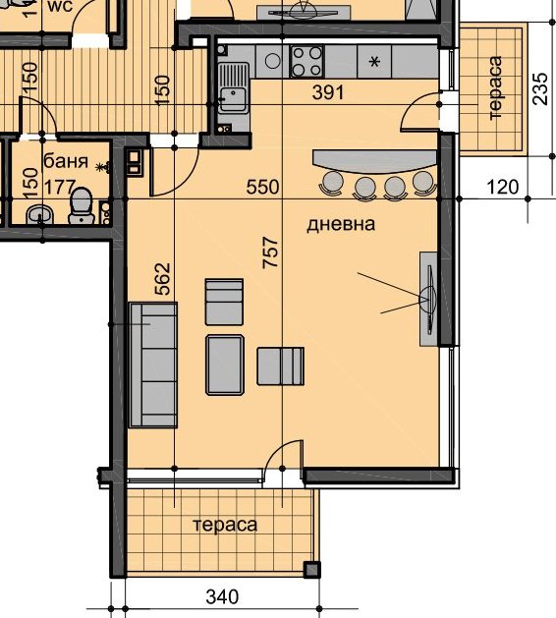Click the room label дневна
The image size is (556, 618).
click(x=341, y=224)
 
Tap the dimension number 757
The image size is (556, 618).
click(x=271, y=253)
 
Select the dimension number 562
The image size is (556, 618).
click(x=163, y=279)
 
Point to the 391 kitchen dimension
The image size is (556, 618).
click(x=328, y=92)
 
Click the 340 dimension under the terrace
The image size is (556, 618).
click(x=222, y=596)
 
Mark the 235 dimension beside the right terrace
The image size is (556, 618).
click(x=540, y=88)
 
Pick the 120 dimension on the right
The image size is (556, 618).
click(x=503, y=187)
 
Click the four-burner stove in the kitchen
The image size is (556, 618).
click(x=306, y=61)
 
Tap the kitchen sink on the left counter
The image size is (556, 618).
click(x=234, y=87)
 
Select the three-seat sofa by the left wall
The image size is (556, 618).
click(x=153, y=365)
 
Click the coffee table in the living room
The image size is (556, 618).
click(x=225, y=365)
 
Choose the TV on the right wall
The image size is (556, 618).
click(x=428, y=300)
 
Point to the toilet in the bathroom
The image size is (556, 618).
click(x=82, y=205)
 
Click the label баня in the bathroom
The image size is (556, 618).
click(x=66, y=161)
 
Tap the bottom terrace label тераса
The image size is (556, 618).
click(x=225, y=525)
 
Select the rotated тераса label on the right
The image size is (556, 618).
click(x=494, y=88)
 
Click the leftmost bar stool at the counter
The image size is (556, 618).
click(x=332, y=184)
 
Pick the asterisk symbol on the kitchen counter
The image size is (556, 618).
click(x=374, y=62)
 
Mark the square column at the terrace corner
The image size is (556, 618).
click(x=311, y=569)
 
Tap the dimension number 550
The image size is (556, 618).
click(x=263, y=187)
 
